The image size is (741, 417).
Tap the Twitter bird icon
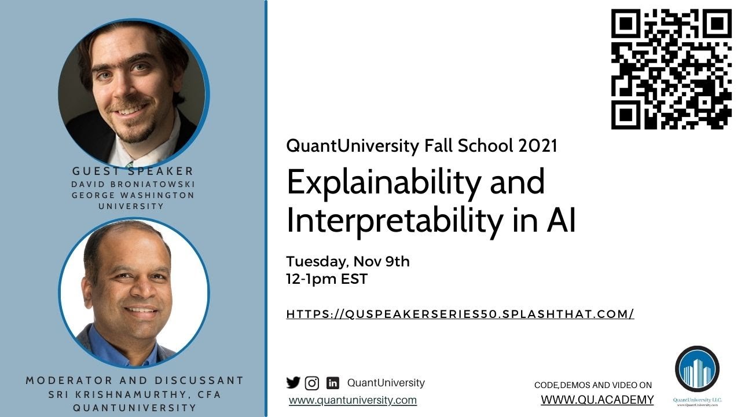point(294,382)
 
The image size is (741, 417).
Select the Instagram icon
point(312,383)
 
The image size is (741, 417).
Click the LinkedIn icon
point(333,383)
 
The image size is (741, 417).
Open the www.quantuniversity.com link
point(353,400)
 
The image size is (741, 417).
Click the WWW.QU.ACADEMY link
point(597,400)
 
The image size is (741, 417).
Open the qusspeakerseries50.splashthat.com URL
point(460,314)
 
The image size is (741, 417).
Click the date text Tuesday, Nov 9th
point(348,261)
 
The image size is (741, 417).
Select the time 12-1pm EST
point(327,279)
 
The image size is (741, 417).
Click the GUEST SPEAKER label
point(133,171)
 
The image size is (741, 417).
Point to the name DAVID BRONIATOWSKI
point(133,184)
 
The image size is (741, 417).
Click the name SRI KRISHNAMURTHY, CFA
point(134,394)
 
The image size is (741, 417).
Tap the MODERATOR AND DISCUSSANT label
point(134,381)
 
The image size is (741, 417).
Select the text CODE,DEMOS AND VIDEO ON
point(593,385)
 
